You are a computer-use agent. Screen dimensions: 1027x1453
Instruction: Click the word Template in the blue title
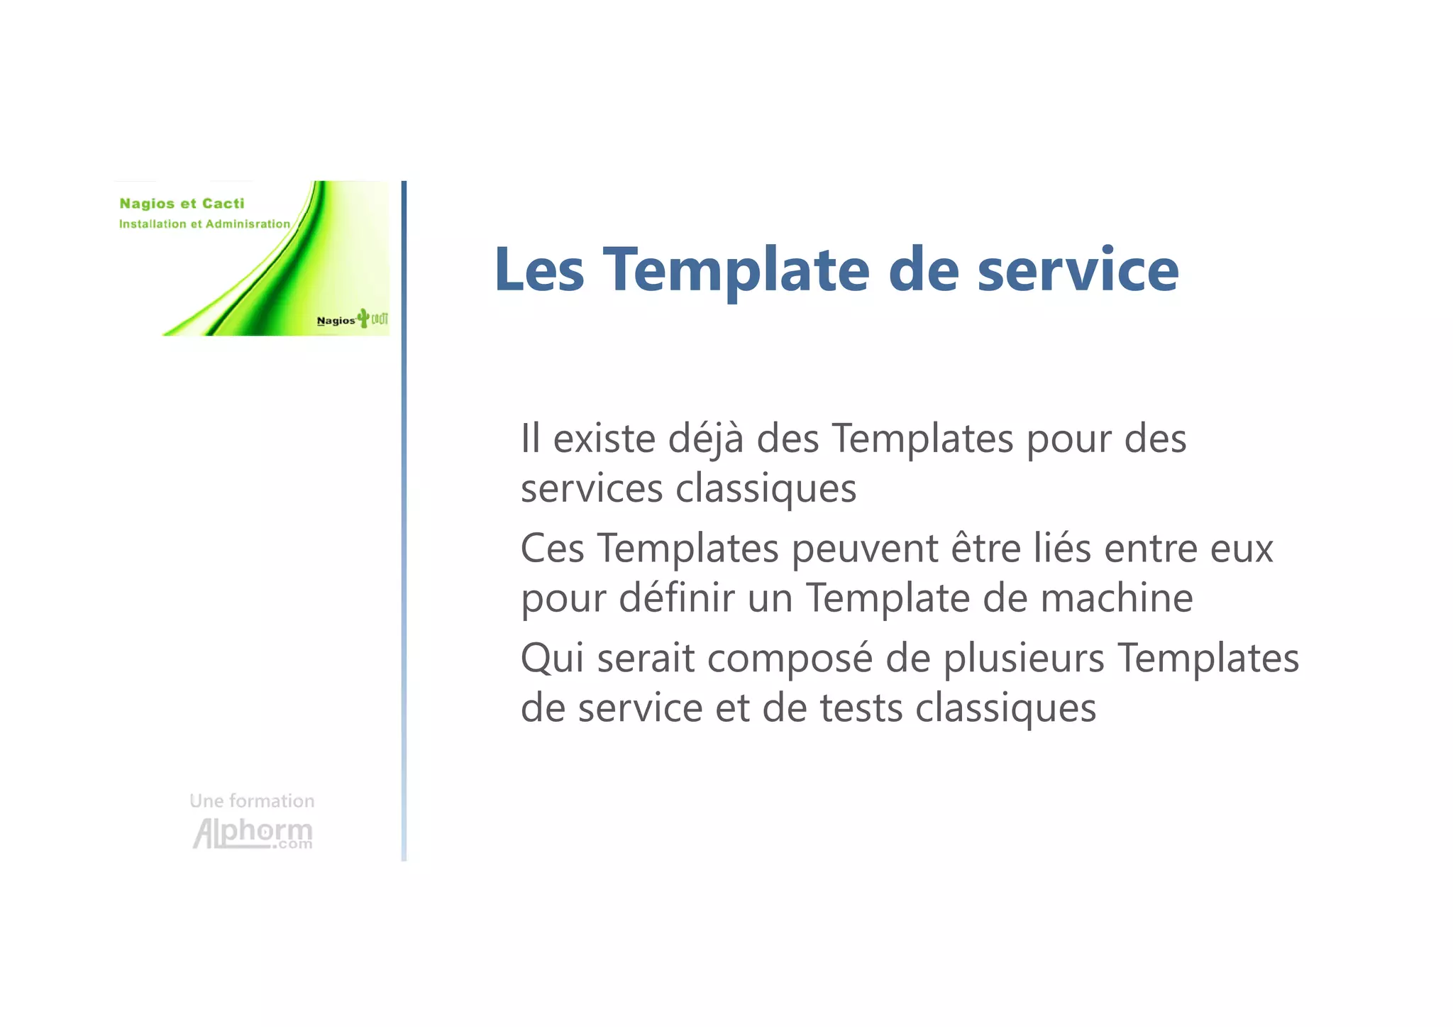tap(736, 270)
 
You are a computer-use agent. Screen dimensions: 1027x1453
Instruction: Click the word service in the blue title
tap(1078, 270)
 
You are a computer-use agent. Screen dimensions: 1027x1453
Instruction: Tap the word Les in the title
tap(539, 270)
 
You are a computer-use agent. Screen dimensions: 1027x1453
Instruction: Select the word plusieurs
tap(1023, 659)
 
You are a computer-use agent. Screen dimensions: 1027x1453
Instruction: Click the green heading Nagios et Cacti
tap(182, 204)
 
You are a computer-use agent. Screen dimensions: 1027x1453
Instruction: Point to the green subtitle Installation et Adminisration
tap(204, 224)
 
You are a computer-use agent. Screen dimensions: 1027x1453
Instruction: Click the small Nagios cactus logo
tap(352, 319)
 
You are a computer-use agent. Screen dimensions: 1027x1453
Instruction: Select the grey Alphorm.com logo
tap(253, 833)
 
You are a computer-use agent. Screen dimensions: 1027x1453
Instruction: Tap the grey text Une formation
tap(252, 801)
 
